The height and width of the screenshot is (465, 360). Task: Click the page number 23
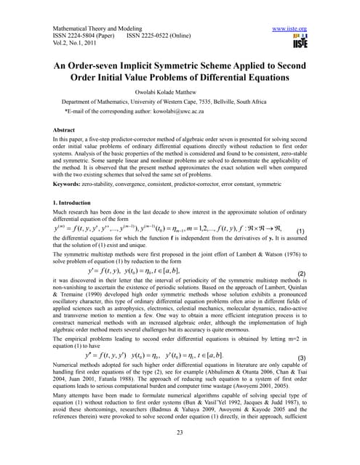click(179, 430)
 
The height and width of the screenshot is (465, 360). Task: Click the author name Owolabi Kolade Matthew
click(180, 93)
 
